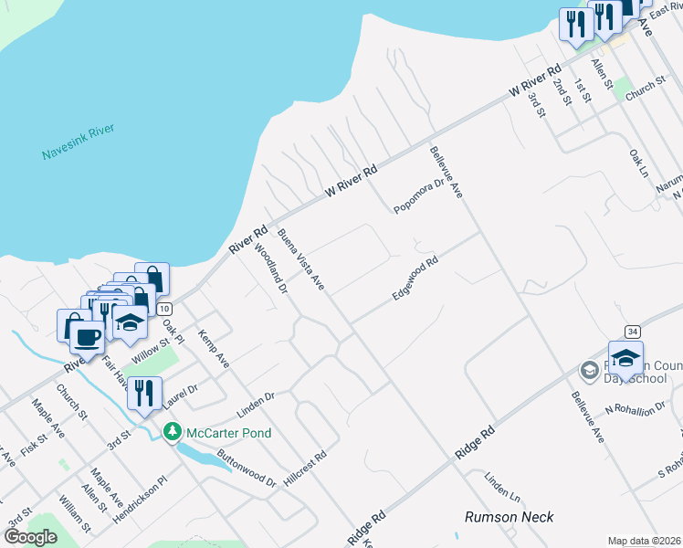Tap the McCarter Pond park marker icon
click(x=171, y=431)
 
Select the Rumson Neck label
click(x=509, y=517)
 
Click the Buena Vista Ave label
click(x=302, y=259)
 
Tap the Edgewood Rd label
click(x=415, y=279)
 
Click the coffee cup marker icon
click(x=88, y=335)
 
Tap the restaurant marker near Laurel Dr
click(x=144, y=393)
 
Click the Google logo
click(x=30, y=537)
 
